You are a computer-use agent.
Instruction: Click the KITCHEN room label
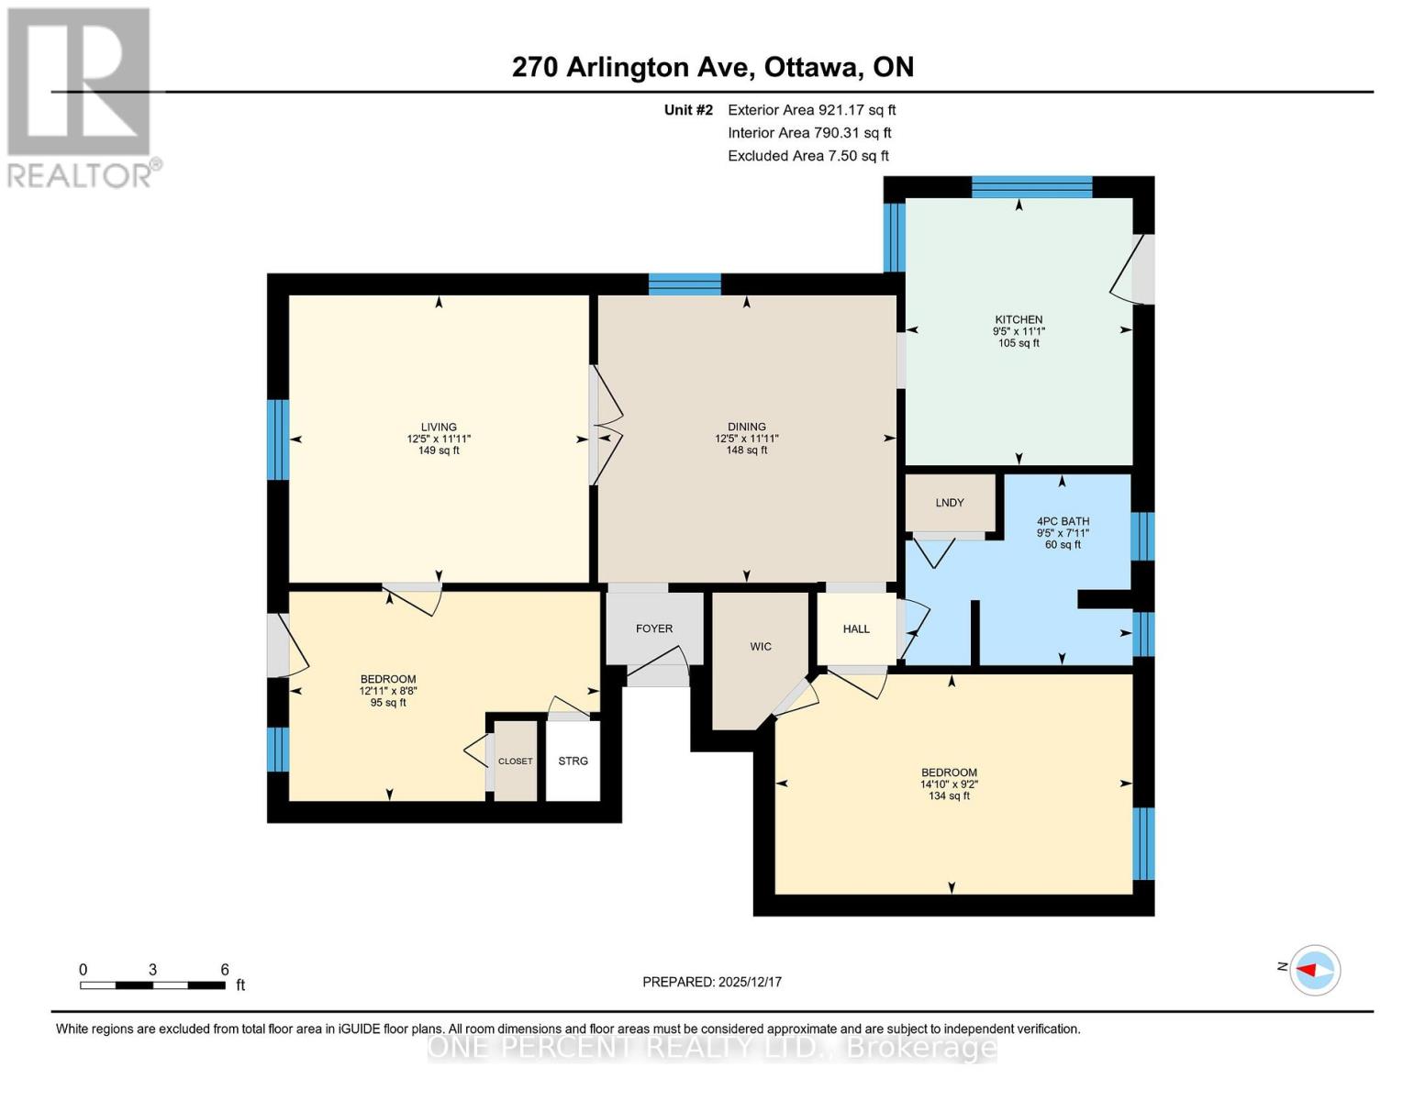1019,319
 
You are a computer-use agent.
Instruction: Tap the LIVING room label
439,427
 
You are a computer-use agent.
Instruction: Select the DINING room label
746,427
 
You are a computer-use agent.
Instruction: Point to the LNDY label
950,503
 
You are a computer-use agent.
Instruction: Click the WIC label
761,647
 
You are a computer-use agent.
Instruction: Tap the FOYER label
654,628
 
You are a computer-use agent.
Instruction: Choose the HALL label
856,628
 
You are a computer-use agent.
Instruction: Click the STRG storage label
573,761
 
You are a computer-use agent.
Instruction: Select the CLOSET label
516,762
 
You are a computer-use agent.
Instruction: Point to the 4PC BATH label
1063,521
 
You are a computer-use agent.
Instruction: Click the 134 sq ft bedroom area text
949,796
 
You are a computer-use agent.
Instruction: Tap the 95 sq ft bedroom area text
388,703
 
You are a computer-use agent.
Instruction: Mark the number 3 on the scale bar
153,969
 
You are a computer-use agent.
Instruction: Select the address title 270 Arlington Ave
630,67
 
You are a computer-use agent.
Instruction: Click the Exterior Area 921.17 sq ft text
812,110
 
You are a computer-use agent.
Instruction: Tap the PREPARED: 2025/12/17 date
712,982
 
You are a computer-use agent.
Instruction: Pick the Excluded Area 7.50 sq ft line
808,156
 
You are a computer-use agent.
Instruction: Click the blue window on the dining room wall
685,284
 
